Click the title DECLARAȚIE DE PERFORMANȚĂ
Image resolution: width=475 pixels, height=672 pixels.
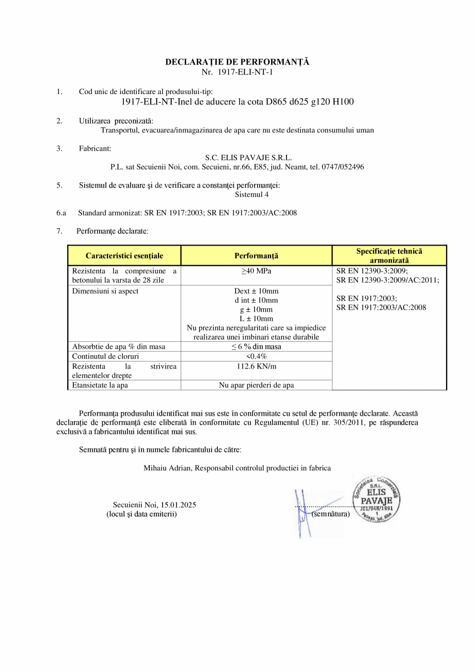pyautogui.click(x=237, y=62)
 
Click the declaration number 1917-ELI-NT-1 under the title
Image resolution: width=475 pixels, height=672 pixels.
pyautogui.click(x=245, y=72)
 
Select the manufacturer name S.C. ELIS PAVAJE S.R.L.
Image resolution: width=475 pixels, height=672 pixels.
pyautogui.click(x=248, y=158)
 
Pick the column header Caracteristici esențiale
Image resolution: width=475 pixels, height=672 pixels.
pyautogui.click(x=124, y=256)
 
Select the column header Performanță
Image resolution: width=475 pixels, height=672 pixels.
pyautogui.click(x=256, y=256)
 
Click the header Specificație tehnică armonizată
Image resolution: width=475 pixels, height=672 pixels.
pyautogui.click(x=389, y=256)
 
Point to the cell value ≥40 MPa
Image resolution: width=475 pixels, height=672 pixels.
pyautogui.click(x=256, y=271)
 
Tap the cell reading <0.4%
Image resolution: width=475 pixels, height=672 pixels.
pyautogui.click(x=256, y=356)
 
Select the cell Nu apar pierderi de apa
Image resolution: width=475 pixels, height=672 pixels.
pyautogui.click(x=256, y=385)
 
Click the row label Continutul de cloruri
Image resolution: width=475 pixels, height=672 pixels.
pyautogui.click(x=106, y=356)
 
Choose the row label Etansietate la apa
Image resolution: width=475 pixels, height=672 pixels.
pyautogui.click(x=100, y=385)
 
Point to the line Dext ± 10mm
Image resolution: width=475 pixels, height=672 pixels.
pyautogui.click(x=256, y=291)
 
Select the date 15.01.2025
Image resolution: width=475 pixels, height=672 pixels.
pyautogui.click(x=178, y=505)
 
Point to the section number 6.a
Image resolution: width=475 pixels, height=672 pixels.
pyautogui.click(x=61, y=212)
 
